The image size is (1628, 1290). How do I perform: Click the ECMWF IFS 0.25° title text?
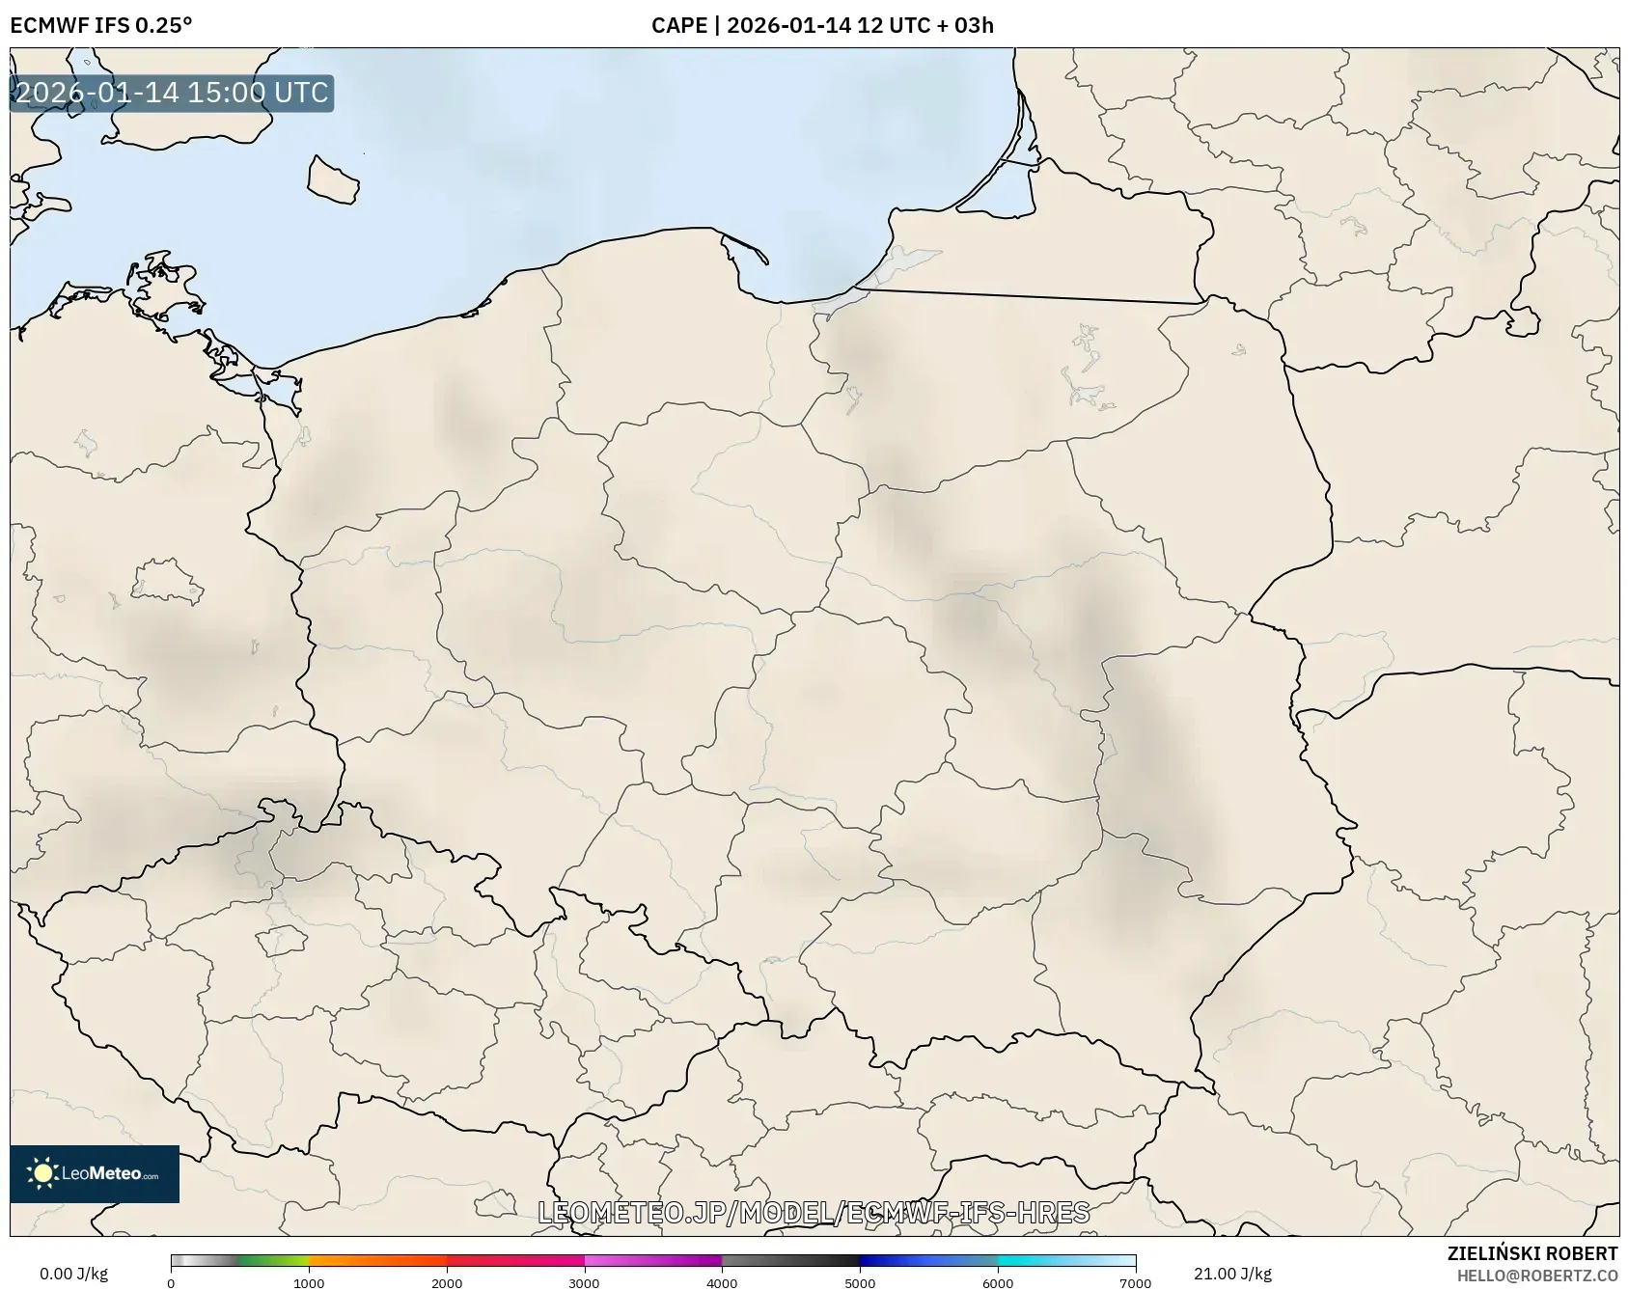click(x=100, y=25)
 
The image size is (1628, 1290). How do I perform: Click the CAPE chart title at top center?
click(x=822, y=25)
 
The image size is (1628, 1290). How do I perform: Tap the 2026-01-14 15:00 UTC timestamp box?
click(x=172, y=93)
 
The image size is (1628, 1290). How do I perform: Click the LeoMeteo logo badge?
click(x=95, y=1173)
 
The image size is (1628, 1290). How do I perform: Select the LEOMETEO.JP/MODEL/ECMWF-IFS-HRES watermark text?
click(x=814, y=1212)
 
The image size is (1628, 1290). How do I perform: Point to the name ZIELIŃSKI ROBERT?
click(x=1531, y=1253)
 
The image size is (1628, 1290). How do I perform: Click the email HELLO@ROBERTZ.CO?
click(x=1536, y=1275)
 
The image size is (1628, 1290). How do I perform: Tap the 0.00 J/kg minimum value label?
click(x=74, y=1274)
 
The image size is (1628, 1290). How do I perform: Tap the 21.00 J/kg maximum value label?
click(x=1232, y=1274)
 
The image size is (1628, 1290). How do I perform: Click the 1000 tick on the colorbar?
click(x=309, y=1282)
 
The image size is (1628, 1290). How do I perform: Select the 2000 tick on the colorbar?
click(x=447, y=1282)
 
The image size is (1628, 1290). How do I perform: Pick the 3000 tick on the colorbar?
click(x=585, y=1282)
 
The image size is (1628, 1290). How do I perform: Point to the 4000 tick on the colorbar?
click(x=722, y=1282)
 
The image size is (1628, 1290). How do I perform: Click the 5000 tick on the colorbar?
click(x=860, y=1282)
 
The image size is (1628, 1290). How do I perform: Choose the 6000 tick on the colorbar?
click(x=998, y=1282)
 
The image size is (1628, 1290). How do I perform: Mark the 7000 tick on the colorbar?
click(x=1135, y=1282)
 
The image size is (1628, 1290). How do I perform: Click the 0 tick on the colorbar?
click(x=172, y=1282)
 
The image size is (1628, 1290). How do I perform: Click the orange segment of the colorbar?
click(x=376, y=1260)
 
